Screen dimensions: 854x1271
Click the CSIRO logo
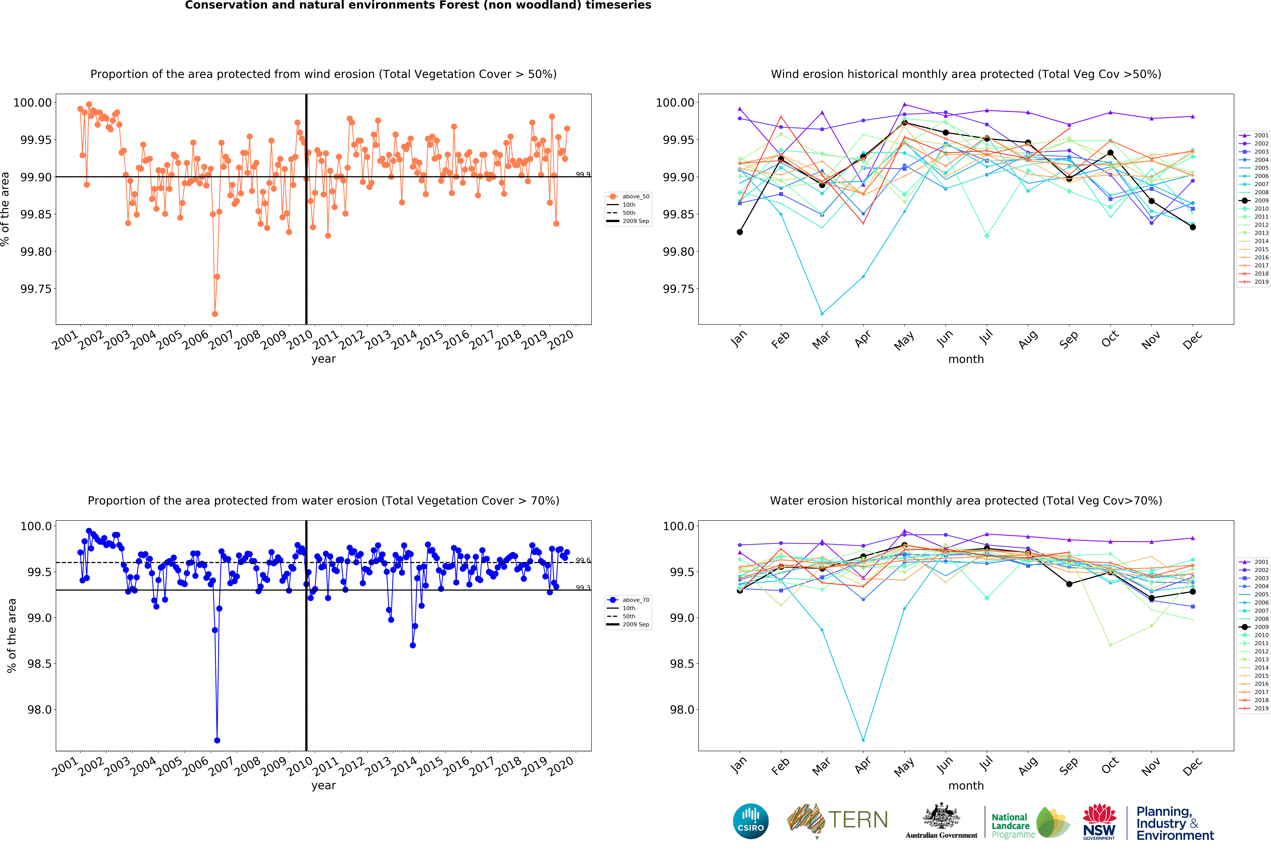point(750,821)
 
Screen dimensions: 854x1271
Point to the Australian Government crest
point(941,817)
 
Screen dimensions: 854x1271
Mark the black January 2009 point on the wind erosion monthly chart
point(740,232)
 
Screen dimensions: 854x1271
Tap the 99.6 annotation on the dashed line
point(583,560)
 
